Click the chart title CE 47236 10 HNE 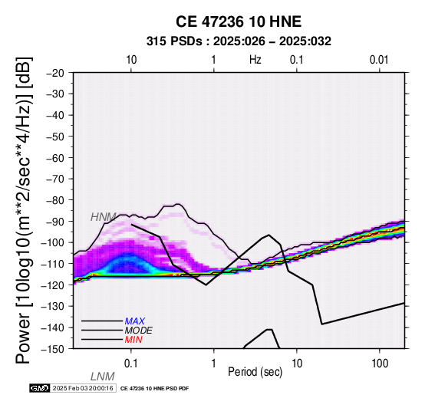coord(239,21)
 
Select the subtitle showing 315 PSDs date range coord(239,41)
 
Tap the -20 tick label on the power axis coord(55,73)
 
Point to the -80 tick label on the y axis coord(55,200)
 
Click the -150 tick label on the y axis coord(53,349)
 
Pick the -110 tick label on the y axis coord(53,264)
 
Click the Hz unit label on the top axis coord(255,60)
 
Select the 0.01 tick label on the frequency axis coord(379,60)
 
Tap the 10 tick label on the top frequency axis coord(131,60)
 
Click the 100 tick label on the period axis coord(380,364)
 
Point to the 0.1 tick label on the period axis coord(130,364)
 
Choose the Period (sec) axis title coord(255,372)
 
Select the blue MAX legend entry coord(135,321)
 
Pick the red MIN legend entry coord(133,340)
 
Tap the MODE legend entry coord(139,331)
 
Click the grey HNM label coord(104,217)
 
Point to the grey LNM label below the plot coord(103,377)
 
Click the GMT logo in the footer coord(40,388)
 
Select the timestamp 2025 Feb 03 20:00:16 coord(83,388)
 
